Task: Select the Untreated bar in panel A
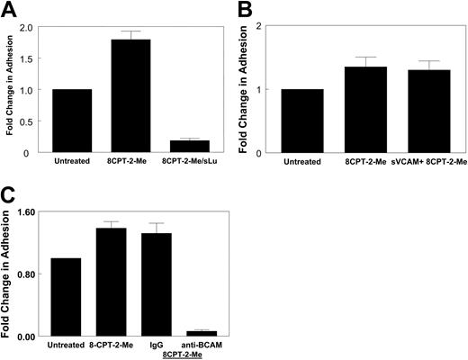(x=71, y=121)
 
